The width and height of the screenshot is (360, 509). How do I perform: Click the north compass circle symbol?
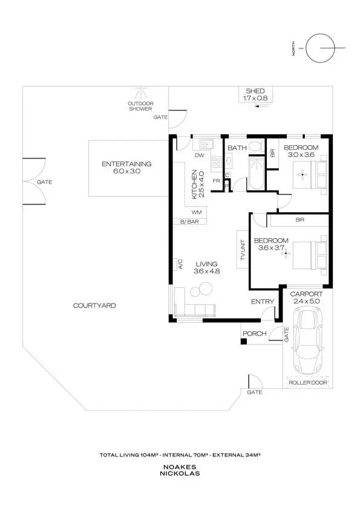coord(320,49)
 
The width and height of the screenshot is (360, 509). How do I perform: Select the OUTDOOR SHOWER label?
coord(140,106)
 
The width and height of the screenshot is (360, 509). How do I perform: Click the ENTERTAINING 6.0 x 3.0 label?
coord(126,167)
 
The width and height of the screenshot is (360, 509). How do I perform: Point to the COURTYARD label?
coord(94,306)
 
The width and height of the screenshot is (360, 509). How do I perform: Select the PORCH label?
coord(254,334)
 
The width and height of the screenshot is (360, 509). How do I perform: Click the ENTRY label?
coord(263,302)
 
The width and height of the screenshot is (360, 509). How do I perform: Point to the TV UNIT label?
coord(243,250)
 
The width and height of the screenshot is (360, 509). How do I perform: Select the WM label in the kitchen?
coord(196,212)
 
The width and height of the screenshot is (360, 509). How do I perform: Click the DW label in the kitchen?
coord(198,155)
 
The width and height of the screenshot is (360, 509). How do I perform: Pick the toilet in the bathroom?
coord(255,146)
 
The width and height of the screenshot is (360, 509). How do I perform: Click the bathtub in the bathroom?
coord(255,172)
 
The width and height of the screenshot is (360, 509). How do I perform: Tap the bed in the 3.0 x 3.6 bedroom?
coord(313,175)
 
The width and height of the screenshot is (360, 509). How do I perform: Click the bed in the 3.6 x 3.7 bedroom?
coord(309,253)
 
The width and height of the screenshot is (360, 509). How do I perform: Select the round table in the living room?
coord(201,290)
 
